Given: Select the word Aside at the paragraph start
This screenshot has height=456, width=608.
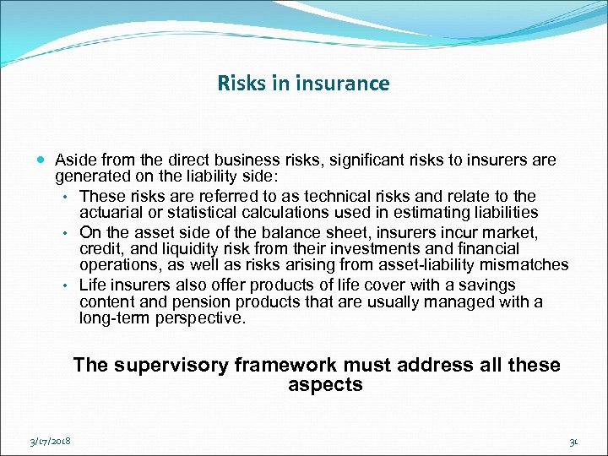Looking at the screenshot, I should tap(73, 160).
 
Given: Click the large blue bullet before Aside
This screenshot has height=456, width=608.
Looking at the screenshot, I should tap(41, 160).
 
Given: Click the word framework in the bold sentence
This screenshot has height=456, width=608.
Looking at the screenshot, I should tap(287, 365).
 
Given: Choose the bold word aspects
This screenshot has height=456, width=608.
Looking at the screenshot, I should tap(325, 386).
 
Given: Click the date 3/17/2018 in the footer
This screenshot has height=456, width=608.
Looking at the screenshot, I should tap(50, 441).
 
